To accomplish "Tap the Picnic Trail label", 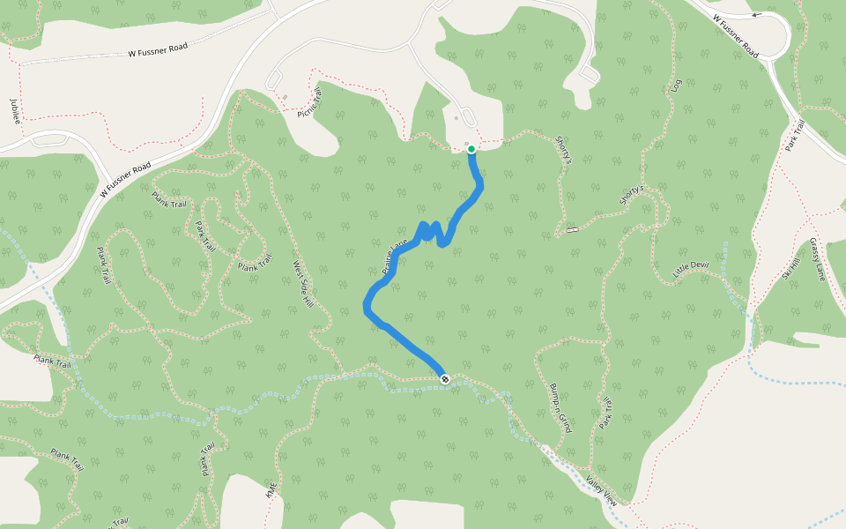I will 309,102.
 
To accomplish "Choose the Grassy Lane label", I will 816,259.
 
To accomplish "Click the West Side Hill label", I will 303,284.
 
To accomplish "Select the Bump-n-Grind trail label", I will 561,408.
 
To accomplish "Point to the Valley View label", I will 602,490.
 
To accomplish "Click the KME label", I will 271,490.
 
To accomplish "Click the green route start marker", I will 471,149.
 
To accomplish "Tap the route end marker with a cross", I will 445,379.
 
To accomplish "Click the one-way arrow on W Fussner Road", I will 755,15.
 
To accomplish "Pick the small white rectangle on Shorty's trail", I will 573,230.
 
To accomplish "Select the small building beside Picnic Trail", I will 285,96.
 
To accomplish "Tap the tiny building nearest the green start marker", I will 466,143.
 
